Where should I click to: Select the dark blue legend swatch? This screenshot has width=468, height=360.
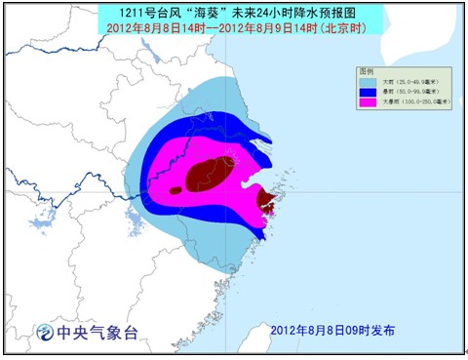pos(366,92)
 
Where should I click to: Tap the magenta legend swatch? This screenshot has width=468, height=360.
pos(366,101)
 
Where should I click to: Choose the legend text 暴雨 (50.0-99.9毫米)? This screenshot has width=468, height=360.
pos(406,92)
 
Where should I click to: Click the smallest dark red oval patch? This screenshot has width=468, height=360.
pos(175,190)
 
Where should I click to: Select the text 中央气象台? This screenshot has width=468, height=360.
pos(97,333)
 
